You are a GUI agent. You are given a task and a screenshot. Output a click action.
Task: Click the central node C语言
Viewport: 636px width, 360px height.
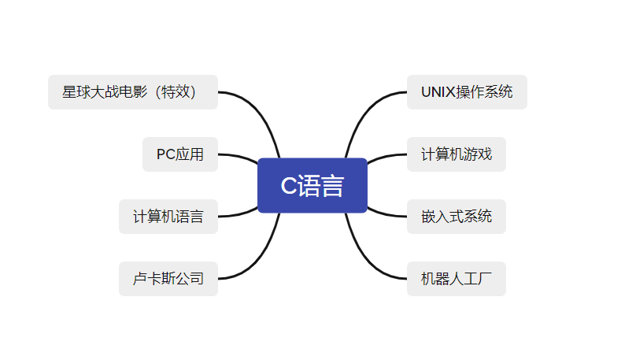pos(312,185)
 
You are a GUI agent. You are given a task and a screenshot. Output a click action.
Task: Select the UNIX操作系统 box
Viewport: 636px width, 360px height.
pos(467,92)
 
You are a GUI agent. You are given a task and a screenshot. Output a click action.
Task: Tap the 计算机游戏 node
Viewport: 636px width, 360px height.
pos(457,154)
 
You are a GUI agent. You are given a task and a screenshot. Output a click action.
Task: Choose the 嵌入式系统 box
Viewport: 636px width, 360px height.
pos(457,217)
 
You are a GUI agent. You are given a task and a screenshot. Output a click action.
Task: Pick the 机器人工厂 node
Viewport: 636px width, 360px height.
pos(457,279)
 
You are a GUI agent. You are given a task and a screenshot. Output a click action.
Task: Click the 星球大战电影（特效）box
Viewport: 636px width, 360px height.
pos(133,92)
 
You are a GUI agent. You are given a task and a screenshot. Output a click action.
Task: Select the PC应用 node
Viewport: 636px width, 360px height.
pos(180,154)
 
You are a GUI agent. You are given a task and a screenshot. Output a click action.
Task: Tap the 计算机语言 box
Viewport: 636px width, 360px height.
pos(168,217)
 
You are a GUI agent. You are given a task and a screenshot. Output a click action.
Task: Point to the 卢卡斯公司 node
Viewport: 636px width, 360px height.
pos(168,279)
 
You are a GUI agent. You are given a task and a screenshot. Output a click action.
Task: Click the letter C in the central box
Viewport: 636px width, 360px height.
pos(289,186)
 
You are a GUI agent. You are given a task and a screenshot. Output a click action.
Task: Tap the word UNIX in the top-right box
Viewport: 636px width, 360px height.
pos(438,92)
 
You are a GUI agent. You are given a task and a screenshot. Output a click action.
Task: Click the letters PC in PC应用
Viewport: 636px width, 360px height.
pos(166,154)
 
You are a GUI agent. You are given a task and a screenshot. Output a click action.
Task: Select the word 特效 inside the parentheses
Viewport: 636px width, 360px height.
pos(176,92)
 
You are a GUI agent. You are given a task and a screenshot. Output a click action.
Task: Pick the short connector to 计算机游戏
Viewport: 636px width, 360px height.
pos(386,157)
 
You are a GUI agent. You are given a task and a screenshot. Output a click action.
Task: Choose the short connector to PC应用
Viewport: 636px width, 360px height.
pos(238,157)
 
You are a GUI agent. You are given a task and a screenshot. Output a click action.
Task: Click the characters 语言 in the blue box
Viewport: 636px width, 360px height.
pos(321,186)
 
